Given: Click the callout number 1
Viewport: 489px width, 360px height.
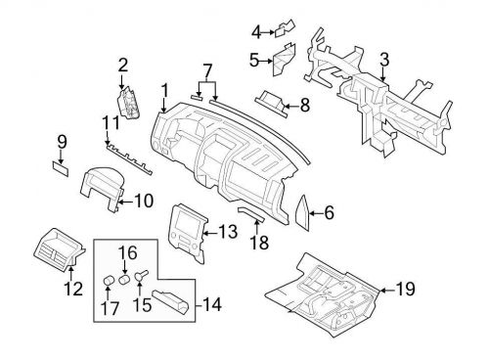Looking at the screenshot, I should coord(164,89).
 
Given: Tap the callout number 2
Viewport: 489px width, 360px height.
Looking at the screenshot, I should coord(123,66).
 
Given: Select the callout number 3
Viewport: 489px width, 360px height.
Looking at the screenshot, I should coord(384,61).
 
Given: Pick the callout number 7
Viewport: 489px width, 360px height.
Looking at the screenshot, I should coord(205,70).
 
